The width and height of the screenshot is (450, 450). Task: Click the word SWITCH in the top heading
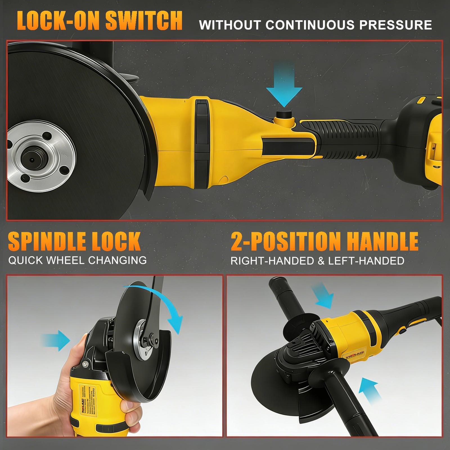click(144, 21)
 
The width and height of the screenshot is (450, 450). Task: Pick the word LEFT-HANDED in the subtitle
click(366, 261)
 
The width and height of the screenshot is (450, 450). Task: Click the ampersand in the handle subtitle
click(321, 261)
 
